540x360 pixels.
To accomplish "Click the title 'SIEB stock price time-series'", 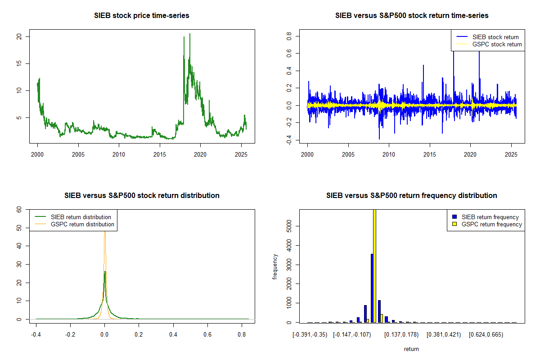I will click(x=142, y=15).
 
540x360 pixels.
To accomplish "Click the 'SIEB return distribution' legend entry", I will click(x=81, y=217).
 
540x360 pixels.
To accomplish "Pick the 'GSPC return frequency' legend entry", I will click(x=491, y=224).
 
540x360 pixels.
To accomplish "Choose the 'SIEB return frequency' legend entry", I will click(x=490, y=217).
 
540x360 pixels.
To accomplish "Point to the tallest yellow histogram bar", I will click(x=374, y=265).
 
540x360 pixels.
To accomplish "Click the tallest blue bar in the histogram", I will click(x=372, y=288).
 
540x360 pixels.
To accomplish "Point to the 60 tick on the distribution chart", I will click(x=19, y=209).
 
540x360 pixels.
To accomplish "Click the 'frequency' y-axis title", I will click(x=275, y=267).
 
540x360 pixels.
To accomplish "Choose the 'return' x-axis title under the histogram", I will click(x=411, y=349).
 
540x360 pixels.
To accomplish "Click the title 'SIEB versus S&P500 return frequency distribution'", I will click(x=411, y=195).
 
